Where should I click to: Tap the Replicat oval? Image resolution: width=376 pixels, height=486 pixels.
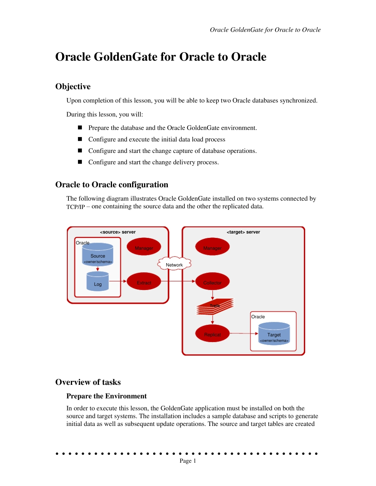[x=213, y=333]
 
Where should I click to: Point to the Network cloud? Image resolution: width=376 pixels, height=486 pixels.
[x=174, y=264]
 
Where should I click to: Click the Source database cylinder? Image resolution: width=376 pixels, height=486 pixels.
[x=98, y=254]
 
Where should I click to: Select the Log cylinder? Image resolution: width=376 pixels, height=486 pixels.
[x=98, y=282]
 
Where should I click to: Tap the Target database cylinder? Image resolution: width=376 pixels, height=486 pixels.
[x=274, y=334]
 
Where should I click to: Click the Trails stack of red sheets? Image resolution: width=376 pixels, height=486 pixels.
[x=215, y=307]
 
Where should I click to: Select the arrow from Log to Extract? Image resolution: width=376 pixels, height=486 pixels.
[x=118, y=281]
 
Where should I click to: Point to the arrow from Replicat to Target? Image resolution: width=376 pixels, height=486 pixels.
[x=244, y=333]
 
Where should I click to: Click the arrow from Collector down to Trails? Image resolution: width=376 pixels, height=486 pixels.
[x=213, y=295]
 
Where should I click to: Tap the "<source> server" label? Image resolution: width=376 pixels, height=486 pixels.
[x=118, y=232]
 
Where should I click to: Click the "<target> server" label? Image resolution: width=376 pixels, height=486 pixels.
[x=243, y=232]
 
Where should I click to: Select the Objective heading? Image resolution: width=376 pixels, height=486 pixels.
[x=73, y=87]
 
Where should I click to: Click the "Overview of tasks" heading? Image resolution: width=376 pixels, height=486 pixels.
[x=88, y=382]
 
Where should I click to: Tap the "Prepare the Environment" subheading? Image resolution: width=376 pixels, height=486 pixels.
[x=106, y=396]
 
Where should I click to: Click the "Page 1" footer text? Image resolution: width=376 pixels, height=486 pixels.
[x=188, y=461]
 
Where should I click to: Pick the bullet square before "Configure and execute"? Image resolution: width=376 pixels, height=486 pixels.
[x=80, y=139]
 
